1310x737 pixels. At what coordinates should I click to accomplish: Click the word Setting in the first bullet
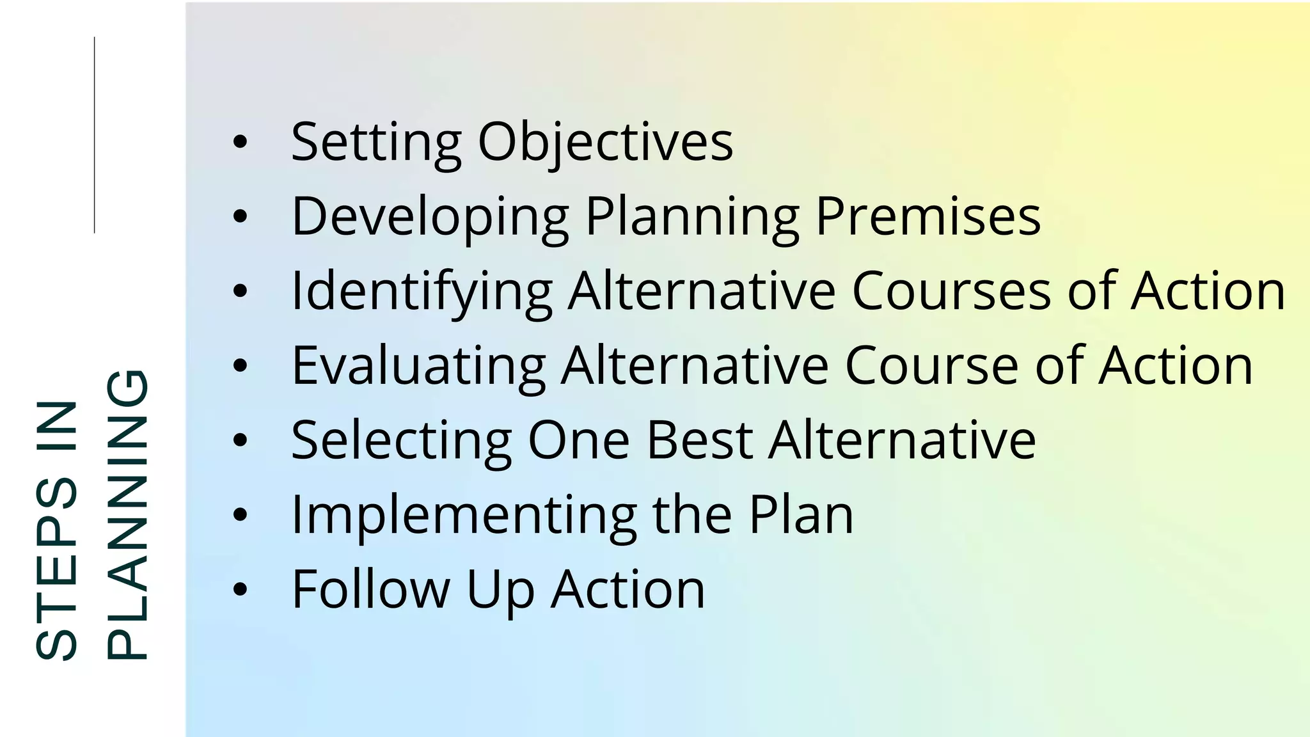376,142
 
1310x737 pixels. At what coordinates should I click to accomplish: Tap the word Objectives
605,142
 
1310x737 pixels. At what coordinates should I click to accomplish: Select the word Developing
430,217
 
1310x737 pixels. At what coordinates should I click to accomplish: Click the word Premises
928,216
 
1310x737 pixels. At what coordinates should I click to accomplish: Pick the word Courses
952,291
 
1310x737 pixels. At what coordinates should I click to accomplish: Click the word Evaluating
418,366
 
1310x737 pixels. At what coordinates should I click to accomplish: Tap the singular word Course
932,366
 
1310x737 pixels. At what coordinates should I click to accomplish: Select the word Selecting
401,440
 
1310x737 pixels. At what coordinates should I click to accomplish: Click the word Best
700,440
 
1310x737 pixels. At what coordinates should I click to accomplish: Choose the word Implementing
464,515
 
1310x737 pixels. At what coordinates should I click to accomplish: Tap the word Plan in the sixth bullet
801,514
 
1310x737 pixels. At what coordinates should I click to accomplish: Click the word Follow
370,589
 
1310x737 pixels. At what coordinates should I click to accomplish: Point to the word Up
500,590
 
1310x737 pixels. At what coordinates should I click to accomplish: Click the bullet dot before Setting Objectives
240,142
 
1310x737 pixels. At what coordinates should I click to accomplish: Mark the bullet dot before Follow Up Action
240,589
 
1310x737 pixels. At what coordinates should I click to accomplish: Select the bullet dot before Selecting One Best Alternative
240,440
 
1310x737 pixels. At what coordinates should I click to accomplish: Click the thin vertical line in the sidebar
95,134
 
